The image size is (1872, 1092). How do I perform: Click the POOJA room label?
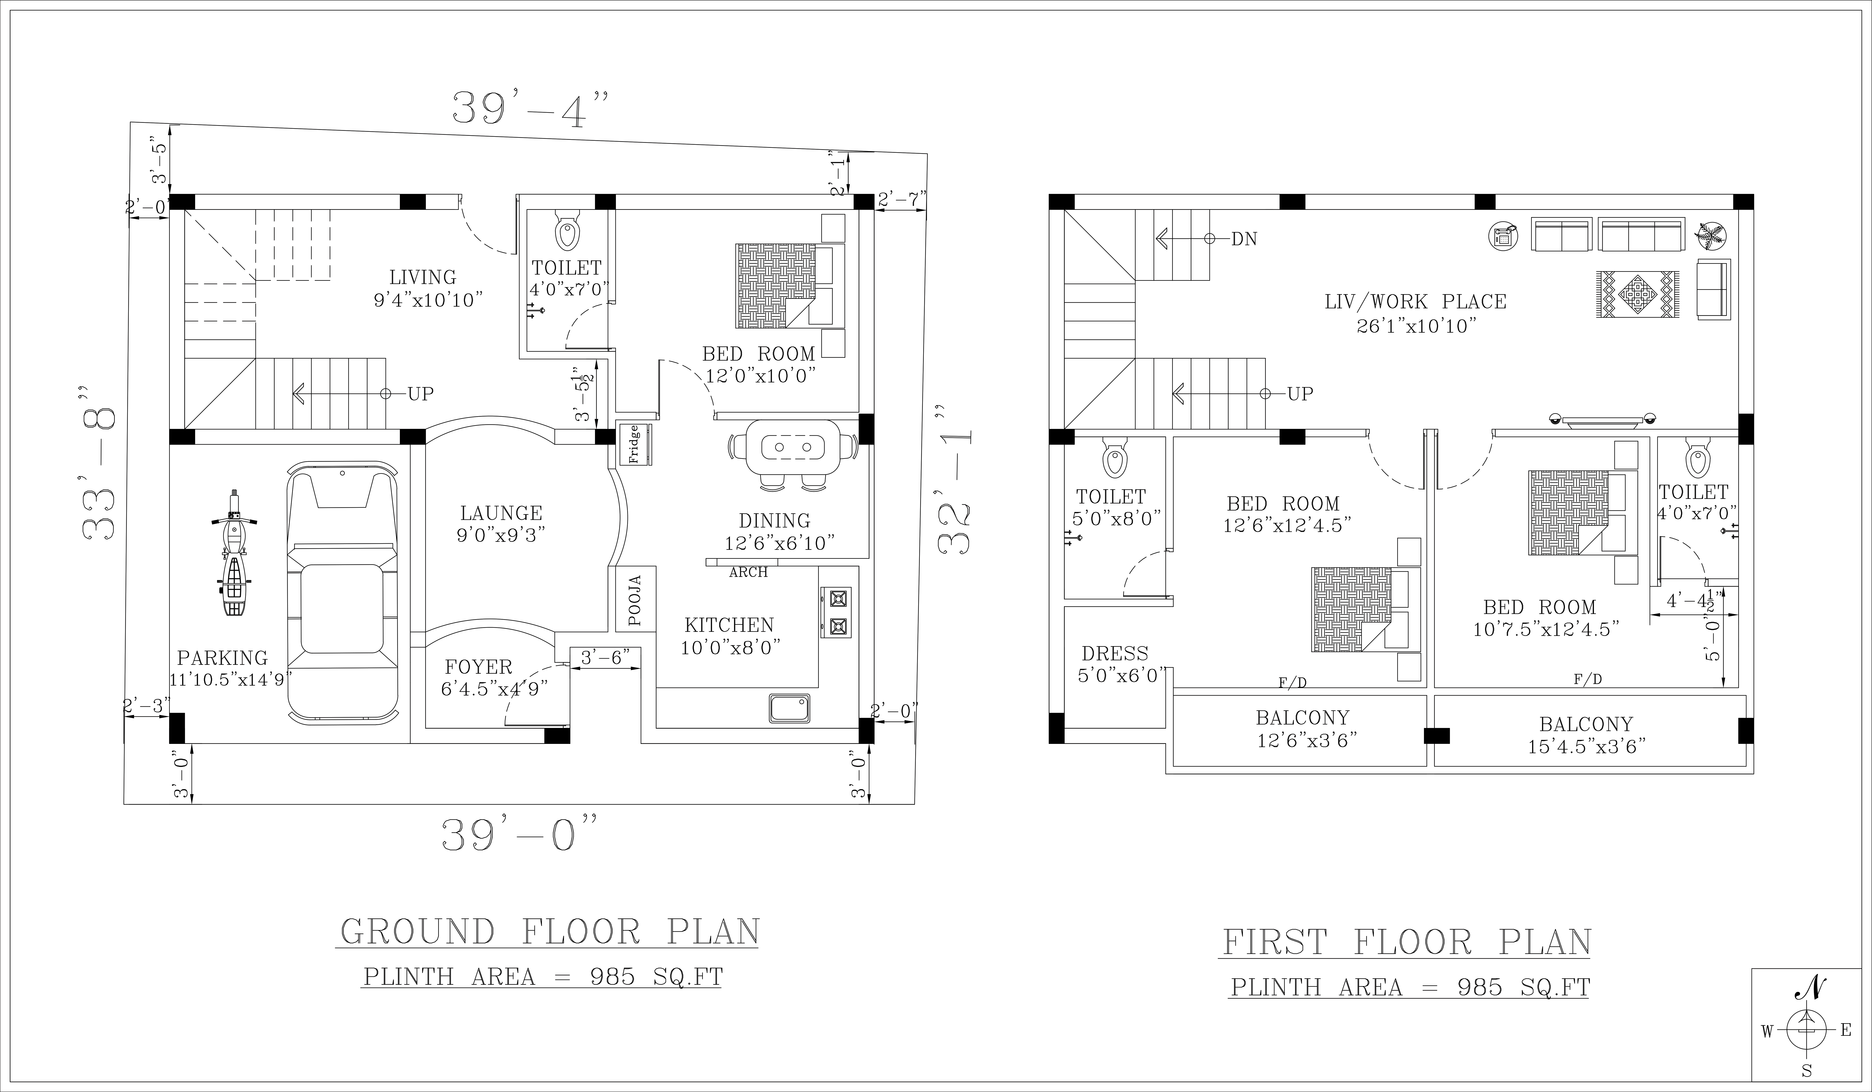coord(635,600)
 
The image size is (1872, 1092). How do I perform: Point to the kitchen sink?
coord(790,708)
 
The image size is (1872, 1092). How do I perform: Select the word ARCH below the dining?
coord(748,573)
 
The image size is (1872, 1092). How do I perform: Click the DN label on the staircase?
coord(1244,239)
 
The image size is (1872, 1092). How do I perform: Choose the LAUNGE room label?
coord(501,513)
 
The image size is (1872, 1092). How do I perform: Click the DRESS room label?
coord(1115,654)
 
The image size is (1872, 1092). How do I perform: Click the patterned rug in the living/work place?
coord(1637,295)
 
